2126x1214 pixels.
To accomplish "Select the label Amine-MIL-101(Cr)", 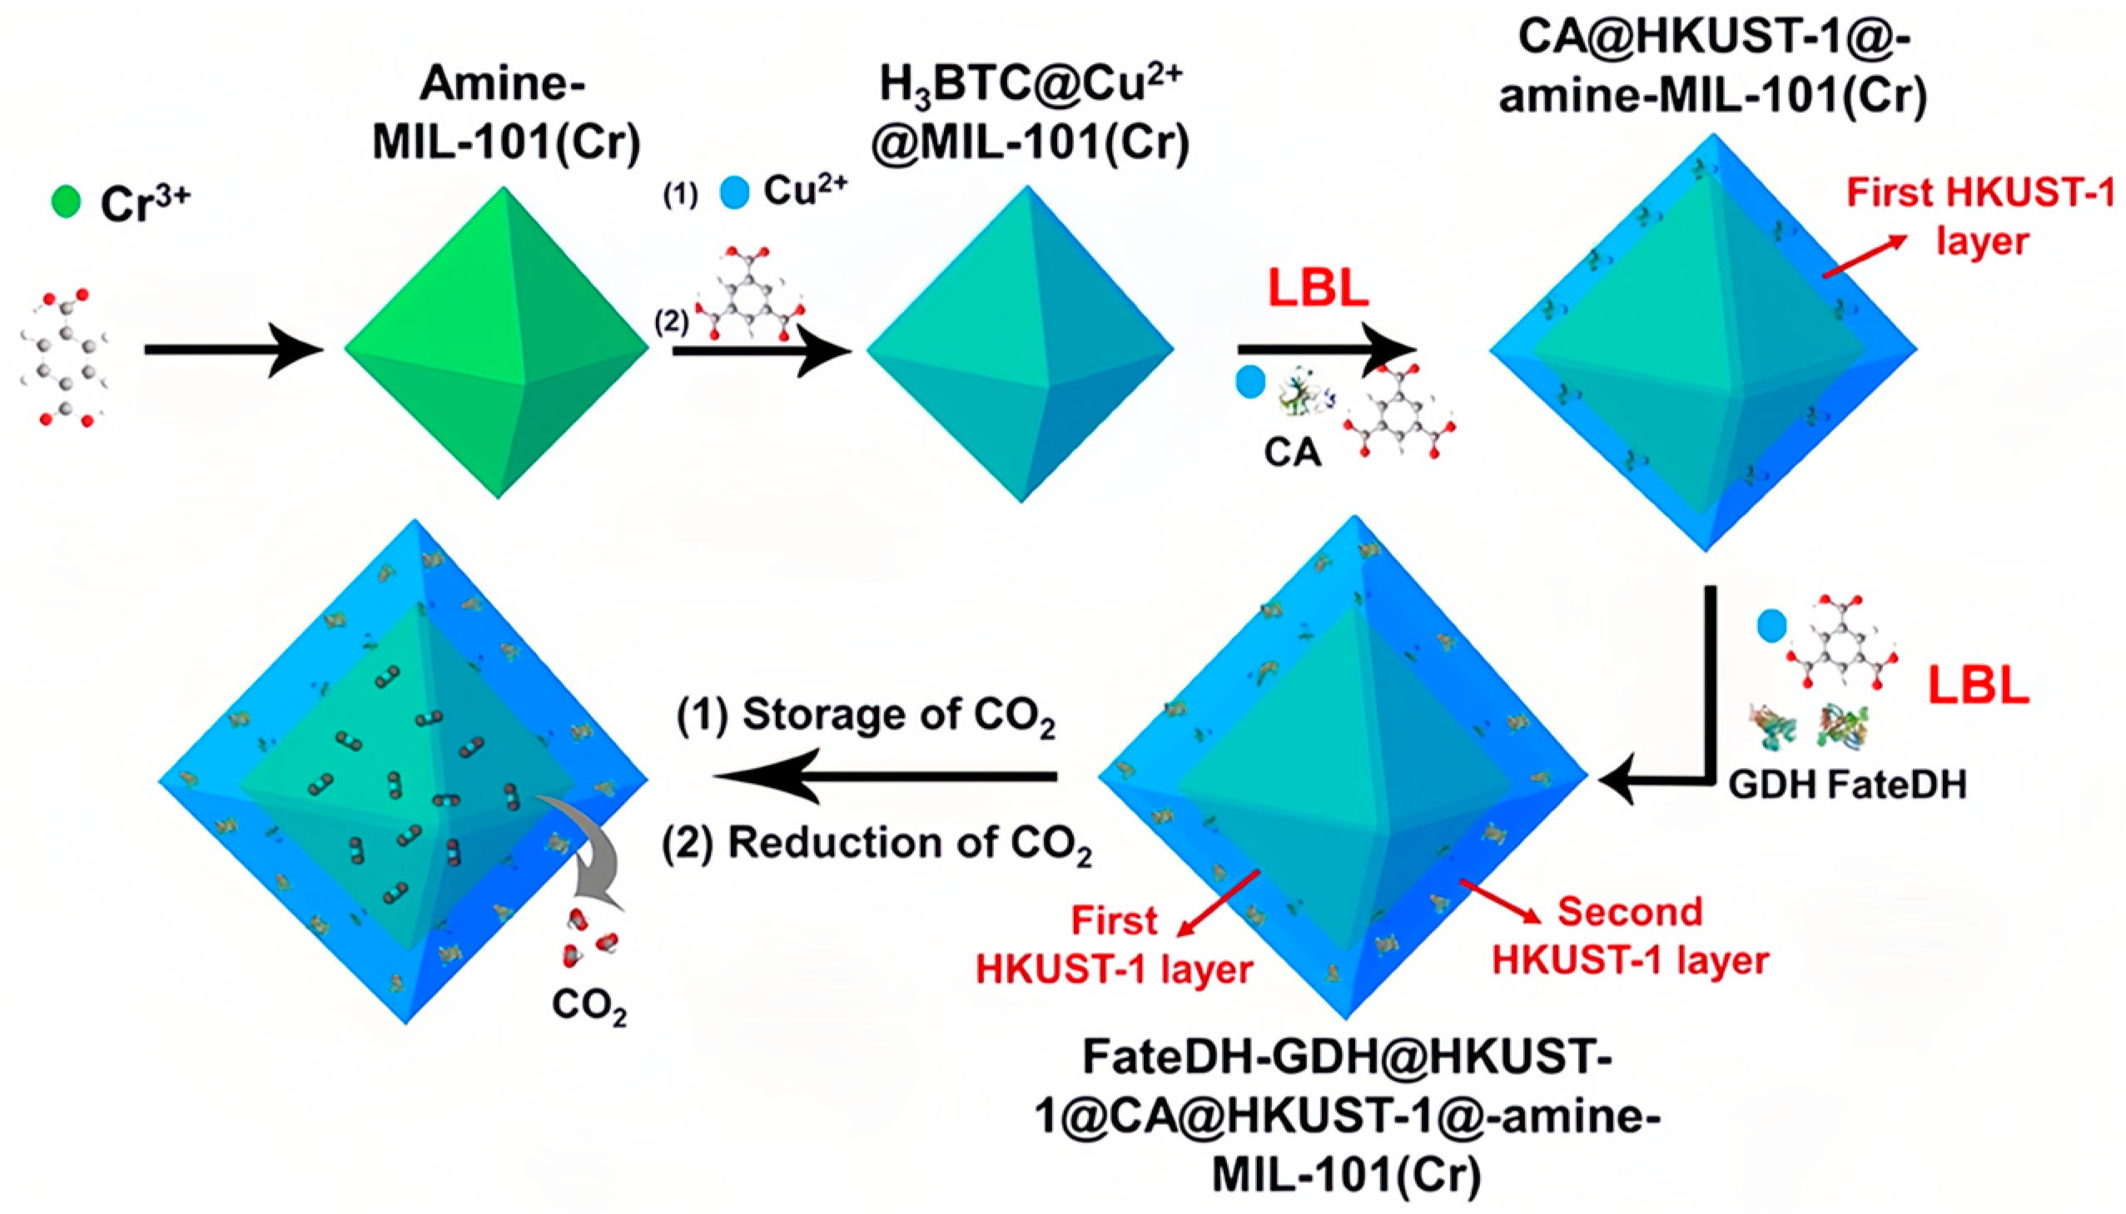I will [x=506, y=113].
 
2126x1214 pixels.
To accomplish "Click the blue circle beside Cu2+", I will [x=734, y=192].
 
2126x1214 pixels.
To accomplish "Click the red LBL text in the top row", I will [x=1318, y=288].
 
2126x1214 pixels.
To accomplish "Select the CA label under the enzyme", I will [x=1292, y=452].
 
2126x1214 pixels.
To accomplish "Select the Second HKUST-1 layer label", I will [x=1630, y=936].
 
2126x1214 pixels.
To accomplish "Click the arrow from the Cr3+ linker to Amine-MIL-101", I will [x=233, y=349].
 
